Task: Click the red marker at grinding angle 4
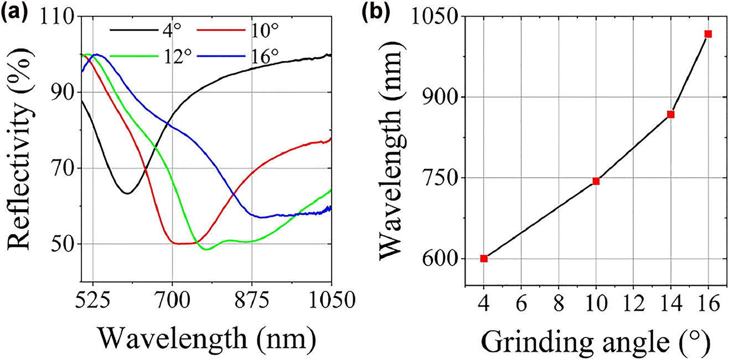coord(484,258)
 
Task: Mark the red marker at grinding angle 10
coord(596,181)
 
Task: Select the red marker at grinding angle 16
coord(708,34)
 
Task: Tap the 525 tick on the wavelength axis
coord(92,301)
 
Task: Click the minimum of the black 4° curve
coord(127,193)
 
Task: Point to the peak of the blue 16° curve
coord(97,54)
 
